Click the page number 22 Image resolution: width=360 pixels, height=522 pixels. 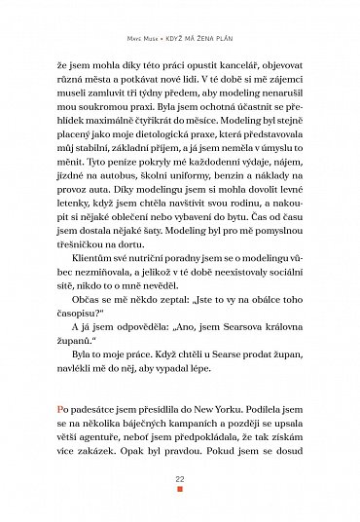click(179, 480)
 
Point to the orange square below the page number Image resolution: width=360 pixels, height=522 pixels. click(179, 492)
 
